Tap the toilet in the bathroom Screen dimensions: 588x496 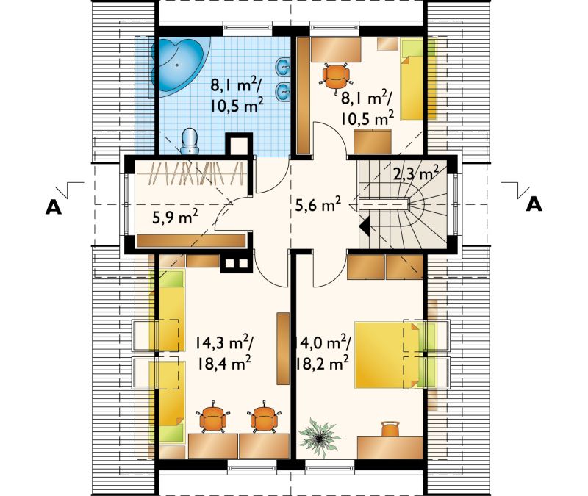coord(190,141)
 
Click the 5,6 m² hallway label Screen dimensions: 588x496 coord(318,205)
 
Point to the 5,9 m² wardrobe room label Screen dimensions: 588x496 coord(175,217)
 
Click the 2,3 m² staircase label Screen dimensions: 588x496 coord(416,174)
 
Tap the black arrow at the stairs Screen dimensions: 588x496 coord(365,226)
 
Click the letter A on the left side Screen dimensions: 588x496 coord(53,206)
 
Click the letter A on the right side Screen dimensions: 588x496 coord(534,204)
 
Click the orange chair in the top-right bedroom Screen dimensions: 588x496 coord(335,76)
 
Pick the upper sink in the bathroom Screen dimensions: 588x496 coord(283,67)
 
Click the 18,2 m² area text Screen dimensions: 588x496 coord(323,363)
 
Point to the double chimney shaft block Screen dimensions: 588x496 coord(236,264)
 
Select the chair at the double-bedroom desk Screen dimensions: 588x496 coord(390,429)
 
